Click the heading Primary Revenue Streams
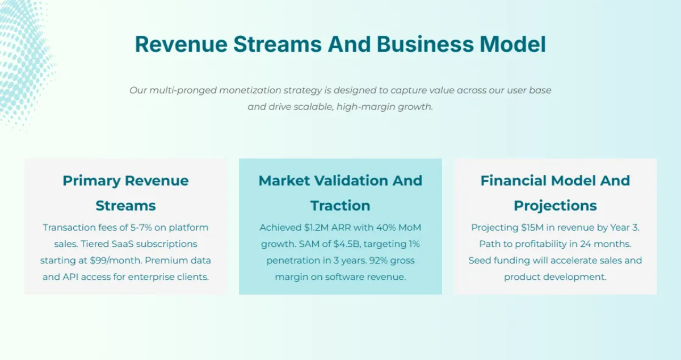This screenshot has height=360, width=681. [x=125, y=193]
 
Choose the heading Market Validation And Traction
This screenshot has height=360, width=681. [x=340, y=193]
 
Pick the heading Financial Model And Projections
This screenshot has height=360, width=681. [x=555, y=193]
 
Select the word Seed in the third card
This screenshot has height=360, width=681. [x=480, y=261]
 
